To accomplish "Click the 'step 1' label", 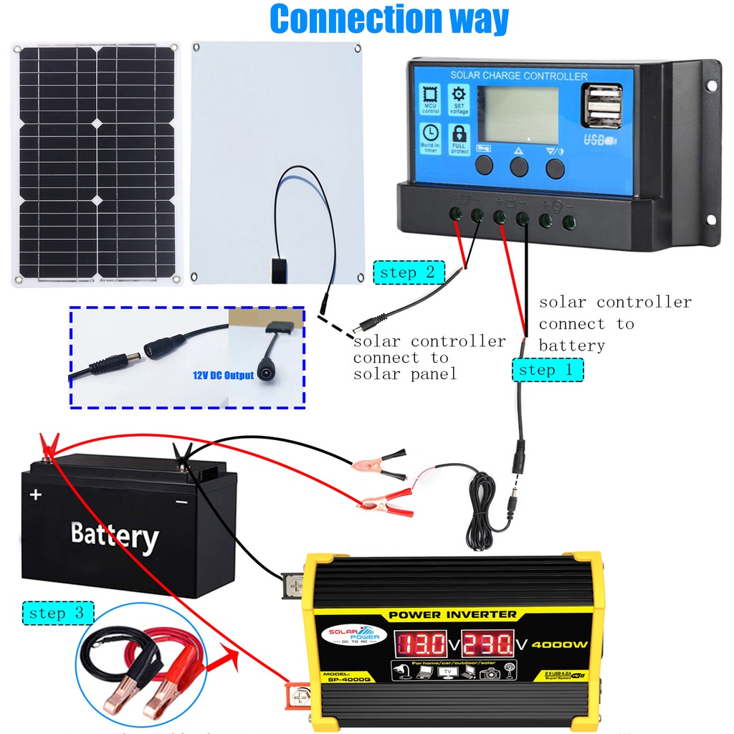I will coord(547,370).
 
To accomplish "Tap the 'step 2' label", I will coord(408,273).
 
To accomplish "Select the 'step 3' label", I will coord(57,613).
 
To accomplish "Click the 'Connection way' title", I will coord(389,19).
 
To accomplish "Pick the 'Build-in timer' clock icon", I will coord(430,138).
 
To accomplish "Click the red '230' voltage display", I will coord(488,642).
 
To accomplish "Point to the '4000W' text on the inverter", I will coord(560,644).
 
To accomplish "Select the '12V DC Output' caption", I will coord(223,376).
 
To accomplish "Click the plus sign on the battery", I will coord(36,494).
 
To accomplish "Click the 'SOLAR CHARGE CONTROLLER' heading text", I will coord(518,75).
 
